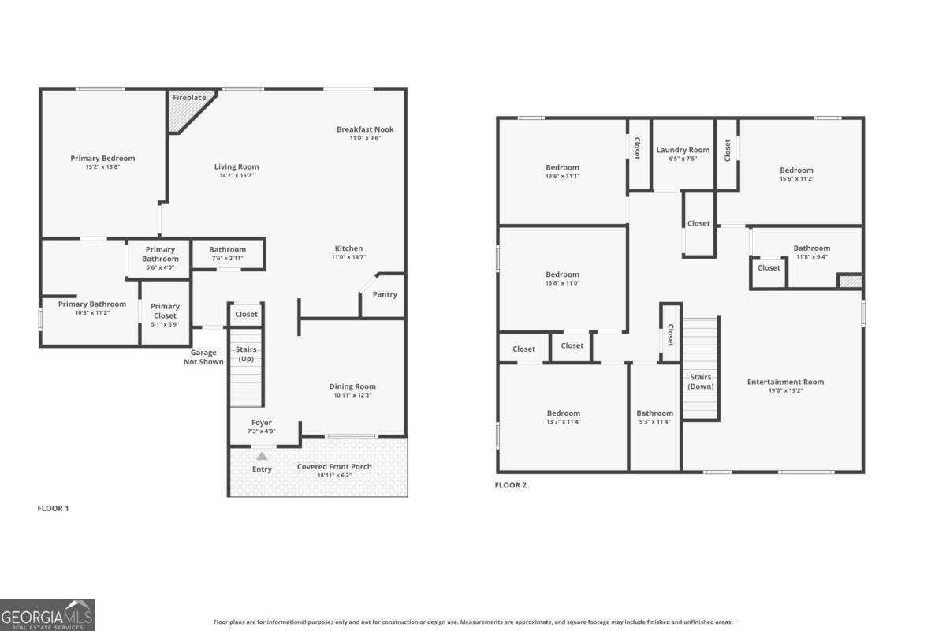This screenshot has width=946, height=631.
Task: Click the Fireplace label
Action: click(x=189, y=98)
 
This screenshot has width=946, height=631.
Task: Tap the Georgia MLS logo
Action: click(x=47, y=614)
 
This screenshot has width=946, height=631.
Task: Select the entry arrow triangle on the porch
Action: click(x=262, y=456)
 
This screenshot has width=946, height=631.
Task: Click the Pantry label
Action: click(x=385, y=294)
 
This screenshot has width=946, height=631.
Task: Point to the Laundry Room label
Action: click(x=683, y=150)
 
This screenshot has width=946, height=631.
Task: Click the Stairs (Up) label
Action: click(x=246, y=354)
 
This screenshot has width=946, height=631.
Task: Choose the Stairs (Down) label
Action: click(x=701, y=382)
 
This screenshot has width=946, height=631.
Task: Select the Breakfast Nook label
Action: click(x=365, y=129)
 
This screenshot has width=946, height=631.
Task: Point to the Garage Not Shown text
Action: click(x=203, y=357)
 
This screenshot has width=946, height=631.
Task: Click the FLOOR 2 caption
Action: click(x=510, y=485)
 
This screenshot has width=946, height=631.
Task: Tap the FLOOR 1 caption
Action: click(x=54, y=509)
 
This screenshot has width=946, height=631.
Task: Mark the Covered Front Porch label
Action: click(x=334, y=467)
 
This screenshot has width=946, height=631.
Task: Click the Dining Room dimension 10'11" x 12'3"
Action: click(x=352, y=395)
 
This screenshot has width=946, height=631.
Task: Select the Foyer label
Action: click(x=262, y=423)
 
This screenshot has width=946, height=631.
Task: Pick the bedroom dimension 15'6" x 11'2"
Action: click(x=796, y=179)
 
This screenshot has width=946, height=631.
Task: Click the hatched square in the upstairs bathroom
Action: click(x=849, y=281)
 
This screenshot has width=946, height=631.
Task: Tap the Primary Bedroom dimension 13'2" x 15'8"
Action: click(x=102, y=167)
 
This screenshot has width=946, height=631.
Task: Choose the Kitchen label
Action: click(x=348, y=248)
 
